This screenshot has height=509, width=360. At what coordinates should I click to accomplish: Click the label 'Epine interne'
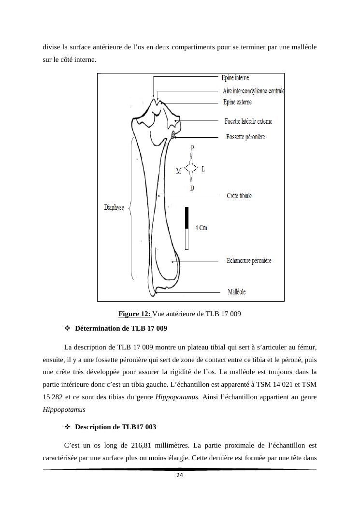tap(235, 78)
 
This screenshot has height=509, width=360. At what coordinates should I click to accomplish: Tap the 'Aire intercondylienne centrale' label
tap(253, 91)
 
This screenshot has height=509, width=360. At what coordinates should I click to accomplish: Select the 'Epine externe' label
tap(237, 102)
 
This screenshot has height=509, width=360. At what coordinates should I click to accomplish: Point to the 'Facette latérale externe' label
tap(248, 121)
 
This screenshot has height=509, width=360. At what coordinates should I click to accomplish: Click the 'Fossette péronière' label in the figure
tap(245, 137)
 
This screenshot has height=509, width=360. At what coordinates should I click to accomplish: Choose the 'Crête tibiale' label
tap(239, 196)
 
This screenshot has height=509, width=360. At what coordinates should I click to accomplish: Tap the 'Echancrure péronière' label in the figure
tap(249, 261)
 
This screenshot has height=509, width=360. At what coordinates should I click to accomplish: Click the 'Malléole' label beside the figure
tap(236, 292)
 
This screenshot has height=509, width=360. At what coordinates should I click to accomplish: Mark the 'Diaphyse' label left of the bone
tap(114, 207)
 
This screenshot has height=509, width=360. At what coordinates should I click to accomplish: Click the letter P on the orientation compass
tap(192, 148)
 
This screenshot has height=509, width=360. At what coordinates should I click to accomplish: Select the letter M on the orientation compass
tap(178, 171)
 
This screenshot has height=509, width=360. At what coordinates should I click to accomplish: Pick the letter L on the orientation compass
tap(203, 169)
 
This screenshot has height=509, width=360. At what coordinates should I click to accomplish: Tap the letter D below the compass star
tap(192, 188)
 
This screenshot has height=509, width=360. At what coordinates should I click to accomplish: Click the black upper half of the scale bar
tap(187, 218)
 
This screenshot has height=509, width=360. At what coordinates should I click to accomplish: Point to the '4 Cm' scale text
tap(201, 228)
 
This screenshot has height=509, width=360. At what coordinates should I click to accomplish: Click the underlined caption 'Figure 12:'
tap(135, 314)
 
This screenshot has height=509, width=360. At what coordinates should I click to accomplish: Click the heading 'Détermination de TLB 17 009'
tap(121, 328)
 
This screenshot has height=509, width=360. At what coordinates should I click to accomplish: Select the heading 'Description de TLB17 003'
tap(115, 427)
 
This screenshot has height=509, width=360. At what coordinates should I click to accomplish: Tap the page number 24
tap(180, 476)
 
